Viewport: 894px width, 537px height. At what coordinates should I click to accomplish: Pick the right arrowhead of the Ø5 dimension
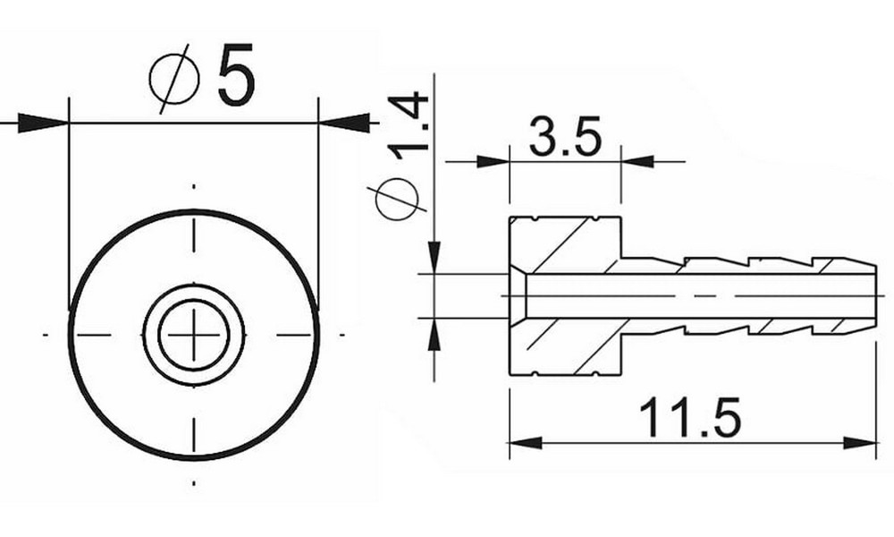pyautogui.click(x=343, y=123)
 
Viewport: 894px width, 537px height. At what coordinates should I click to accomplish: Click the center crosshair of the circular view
pyautogui.click(x=194, y=335)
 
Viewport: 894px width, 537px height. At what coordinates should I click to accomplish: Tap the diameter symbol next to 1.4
pyautogui.click(x=399, y=200)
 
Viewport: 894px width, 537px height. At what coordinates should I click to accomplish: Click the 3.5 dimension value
pyautogui.click(x=564, y=138)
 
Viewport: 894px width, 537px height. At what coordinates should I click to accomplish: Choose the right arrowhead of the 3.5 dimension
pyautogui.click(x=637, y=162)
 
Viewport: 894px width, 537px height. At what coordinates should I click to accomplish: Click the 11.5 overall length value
pyautogui.click(x=690, y=418)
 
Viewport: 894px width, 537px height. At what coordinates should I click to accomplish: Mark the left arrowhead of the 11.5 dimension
pyautogui.click(x=527, y=442)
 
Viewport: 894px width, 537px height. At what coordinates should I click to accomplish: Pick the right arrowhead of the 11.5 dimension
pyautogui.click(x=859, y=442)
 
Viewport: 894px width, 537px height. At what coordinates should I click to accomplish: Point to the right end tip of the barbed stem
pyautogui.click(x=875, y=294)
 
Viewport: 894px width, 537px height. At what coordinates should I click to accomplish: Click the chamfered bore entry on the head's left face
pyautogui.click(x=519, y=295)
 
